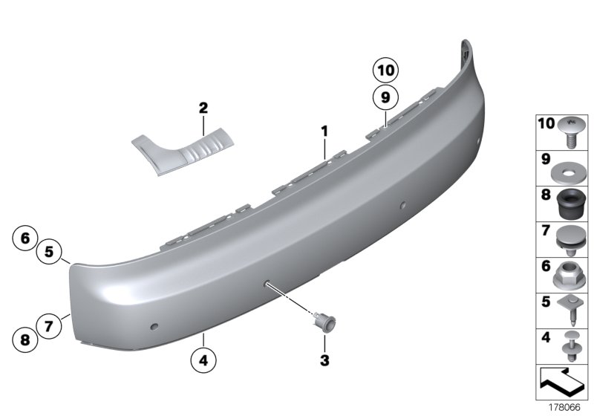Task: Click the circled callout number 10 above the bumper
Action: pyautogui.click(x=385, y=72)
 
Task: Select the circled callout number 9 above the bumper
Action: pyautogui.click(x=385, y=97)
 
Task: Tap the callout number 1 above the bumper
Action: pyautogui.click(x=324, y=131)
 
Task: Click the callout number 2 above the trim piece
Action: pyautogui.click(x=203, y=108)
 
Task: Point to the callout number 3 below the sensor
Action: pyautogui.click(x=324, y=360)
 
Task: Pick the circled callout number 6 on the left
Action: pyautogui.click(x=25, y=238)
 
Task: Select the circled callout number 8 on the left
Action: pyautogui.click(x=25, y=340)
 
